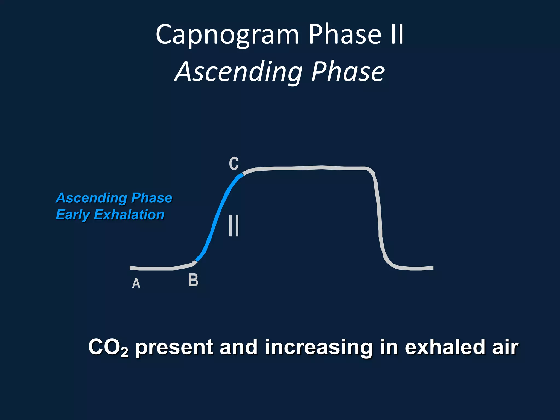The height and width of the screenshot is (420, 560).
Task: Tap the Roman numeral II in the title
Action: coord(397,34)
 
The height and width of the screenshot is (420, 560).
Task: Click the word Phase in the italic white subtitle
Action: coord(348,72)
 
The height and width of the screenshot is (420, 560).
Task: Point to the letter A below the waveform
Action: coord(136,283)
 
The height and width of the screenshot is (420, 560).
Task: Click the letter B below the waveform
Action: coord(193,280)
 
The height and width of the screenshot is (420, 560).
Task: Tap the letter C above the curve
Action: coord(234,164)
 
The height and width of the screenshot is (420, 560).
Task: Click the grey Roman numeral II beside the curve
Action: coord(234,226)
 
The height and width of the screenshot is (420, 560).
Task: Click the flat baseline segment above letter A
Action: coord(156,269)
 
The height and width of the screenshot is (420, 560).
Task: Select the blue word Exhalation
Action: coord(129,215)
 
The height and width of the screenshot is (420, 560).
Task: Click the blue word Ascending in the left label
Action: coord(92,198)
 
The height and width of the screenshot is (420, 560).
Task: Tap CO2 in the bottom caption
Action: coord(108,347)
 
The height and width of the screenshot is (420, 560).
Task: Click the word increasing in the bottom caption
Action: coord(317,347)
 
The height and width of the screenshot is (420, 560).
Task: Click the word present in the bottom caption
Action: coord(174,347)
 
